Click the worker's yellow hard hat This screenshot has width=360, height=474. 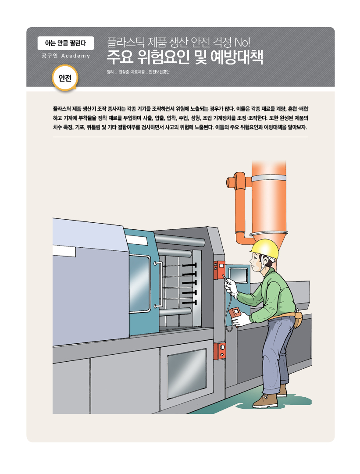265,249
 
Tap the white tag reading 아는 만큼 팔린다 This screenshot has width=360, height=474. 66,43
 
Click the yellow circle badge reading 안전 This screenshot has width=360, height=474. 65,78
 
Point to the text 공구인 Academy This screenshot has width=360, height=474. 66,56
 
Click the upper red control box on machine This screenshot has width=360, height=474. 219,270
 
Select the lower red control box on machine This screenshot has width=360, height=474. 219,351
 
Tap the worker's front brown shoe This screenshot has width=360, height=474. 265,400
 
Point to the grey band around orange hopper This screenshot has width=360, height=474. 269,178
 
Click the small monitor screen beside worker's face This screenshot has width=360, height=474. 239,275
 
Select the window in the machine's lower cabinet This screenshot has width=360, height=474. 187,373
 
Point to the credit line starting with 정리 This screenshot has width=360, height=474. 138,72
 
